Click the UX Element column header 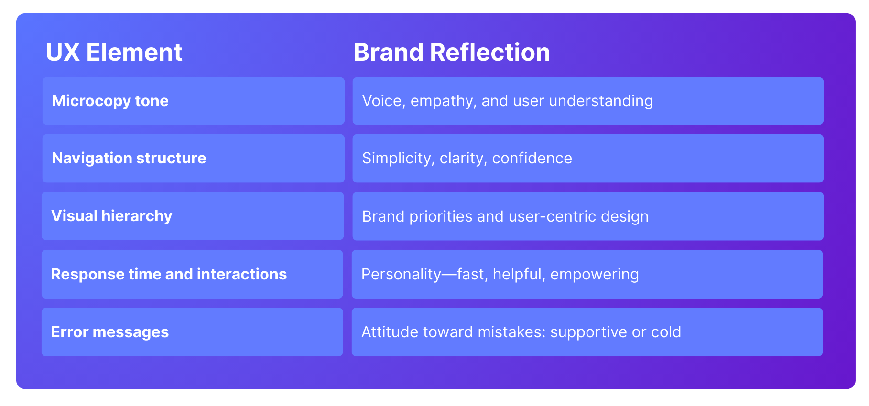(114, 52)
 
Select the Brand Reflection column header (452, 52)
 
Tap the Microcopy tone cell (193, 101)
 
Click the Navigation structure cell (193, 158)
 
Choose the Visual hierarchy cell (193, 216)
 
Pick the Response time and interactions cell (192, 274)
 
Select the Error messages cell (192, 332)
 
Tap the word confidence (532, 159)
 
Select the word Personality (401, 275)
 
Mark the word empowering (595, 275)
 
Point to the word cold (666, 332)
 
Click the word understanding (601, 101)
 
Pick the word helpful (519, 275)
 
